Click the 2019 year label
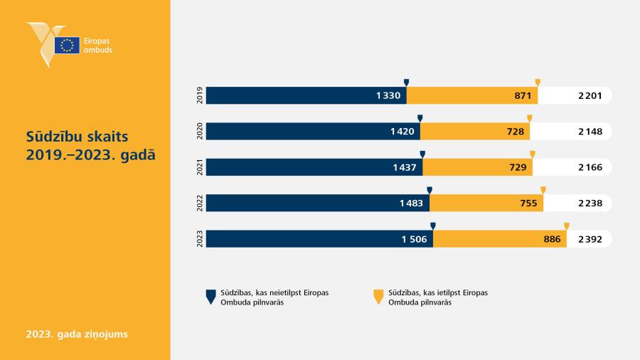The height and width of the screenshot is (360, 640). (200, 95)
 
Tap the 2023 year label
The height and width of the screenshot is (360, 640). (200, 239)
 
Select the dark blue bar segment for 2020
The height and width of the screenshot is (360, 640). (313, 132)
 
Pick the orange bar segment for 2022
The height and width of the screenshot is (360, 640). (486, 203)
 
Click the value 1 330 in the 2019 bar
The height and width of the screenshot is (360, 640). (388, 95)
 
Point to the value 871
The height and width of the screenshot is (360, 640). (523, 95)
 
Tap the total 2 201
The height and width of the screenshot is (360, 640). (590, 95)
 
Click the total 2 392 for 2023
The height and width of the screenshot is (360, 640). (590, 239)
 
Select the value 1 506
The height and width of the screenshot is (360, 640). (415, 239)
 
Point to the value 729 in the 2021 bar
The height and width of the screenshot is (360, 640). (518, 167)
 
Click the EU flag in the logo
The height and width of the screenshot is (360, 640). (67, 46)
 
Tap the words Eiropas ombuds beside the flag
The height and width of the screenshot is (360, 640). (98, 46)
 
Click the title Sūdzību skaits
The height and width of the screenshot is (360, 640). (77, 137)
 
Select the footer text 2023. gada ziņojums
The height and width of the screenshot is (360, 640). (77, 334)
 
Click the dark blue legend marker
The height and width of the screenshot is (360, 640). (210, 297)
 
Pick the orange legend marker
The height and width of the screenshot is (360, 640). (378, 297)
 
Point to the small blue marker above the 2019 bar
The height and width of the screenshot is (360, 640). (406, 83)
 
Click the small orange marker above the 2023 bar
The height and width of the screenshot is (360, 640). (567, 226)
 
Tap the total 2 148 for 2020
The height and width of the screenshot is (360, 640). (590, 132)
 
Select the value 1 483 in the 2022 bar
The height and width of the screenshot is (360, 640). (411, 203)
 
